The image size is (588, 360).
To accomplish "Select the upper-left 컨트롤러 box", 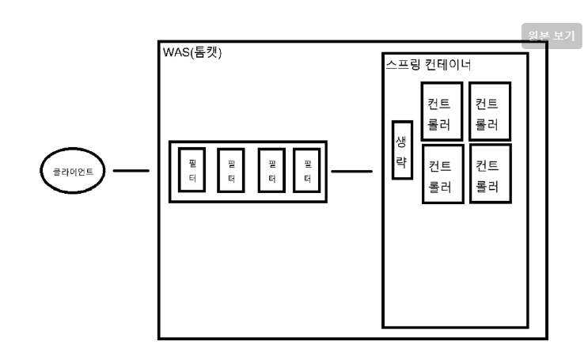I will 442,111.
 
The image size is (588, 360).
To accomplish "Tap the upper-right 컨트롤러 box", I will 489,111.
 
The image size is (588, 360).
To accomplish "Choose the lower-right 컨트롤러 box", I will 489,174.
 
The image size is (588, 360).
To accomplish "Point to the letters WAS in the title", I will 173,53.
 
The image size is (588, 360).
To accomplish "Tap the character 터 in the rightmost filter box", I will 307,180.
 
